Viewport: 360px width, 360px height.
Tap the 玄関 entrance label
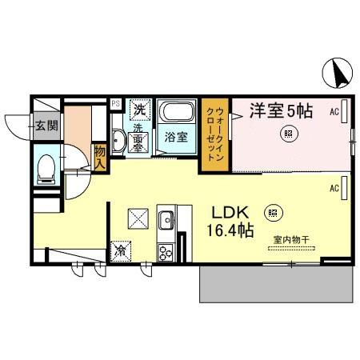tap(46, 125)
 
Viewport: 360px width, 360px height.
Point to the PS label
tap(114, 103)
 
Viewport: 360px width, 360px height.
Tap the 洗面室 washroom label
tap(138, 137)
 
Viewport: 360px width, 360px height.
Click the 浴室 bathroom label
tap(175, 137)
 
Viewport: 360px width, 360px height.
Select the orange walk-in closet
tap(216, 134)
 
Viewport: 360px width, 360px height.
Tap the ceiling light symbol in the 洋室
tap(286, 135)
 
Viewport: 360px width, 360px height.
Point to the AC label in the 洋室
tap(334, 113)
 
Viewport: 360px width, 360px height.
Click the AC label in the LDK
tap(334, 188)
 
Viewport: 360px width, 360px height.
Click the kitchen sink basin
tap(166, 218)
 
